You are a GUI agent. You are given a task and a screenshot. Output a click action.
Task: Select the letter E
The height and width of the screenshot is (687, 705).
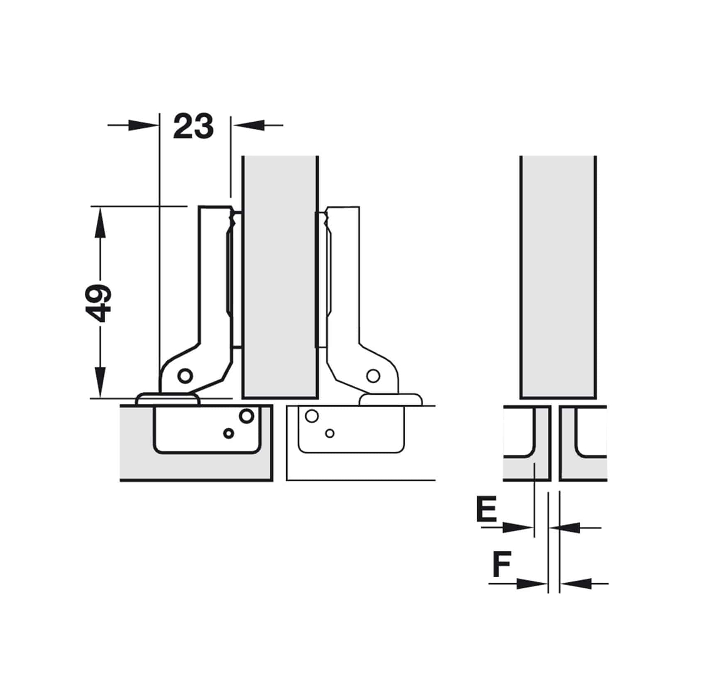(486, 510)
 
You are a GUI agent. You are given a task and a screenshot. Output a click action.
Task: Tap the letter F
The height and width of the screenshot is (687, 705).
(502, 564)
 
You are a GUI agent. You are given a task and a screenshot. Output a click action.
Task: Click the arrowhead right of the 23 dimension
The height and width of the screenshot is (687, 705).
(247, 125)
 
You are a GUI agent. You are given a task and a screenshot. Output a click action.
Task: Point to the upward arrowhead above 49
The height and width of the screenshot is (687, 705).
(100, 222)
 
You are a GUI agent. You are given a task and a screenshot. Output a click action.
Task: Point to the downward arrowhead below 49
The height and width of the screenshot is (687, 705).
(100, 382)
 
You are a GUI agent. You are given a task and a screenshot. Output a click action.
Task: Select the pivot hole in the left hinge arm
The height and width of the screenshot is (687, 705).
(185, 376)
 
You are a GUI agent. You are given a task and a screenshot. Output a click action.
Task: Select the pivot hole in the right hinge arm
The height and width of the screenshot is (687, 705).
(373, 376)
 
